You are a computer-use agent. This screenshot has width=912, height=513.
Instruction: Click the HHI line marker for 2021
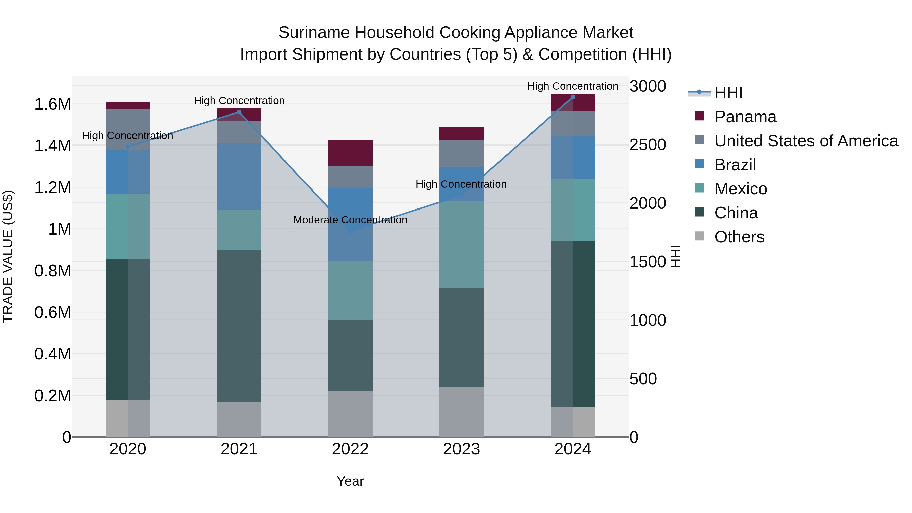(x=239, y=112)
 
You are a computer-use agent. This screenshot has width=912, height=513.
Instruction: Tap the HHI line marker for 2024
(x=573, y=97)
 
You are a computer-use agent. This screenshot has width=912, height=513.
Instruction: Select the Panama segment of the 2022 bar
(x=350, y=153)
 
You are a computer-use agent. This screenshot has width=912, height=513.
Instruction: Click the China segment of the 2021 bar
(x=239, y=326)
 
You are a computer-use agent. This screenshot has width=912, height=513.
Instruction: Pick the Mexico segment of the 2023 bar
(x=461, y=244)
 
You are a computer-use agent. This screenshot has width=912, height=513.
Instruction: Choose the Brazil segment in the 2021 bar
(x=239, y=176)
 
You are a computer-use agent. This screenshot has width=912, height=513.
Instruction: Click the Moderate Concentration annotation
(x=350, y=220)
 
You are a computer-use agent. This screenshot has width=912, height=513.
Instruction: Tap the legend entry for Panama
(x=745, y=117)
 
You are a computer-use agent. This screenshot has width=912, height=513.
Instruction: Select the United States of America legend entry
(x=806, y=141)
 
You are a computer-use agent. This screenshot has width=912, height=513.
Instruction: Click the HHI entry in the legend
(x=728, y=93)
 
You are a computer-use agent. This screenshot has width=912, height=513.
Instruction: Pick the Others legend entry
(x=739, y=237)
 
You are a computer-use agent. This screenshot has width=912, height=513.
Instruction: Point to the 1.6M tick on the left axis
(x=52, y=104)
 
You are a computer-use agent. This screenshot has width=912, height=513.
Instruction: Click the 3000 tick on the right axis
(x=648, y=86)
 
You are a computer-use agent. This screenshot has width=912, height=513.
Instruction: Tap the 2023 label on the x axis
(x=461, y=449)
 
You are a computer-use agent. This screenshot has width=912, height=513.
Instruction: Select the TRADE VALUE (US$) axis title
(x=8, y=256)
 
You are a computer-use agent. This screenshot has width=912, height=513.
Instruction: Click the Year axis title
(x=350, y=481)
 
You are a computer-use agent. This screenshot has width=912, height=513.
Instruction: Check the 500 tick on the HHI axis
(x=643, y=378)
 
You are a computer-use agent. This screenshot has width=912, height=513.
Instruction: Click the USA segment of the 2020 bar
(x=128, y=129)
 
